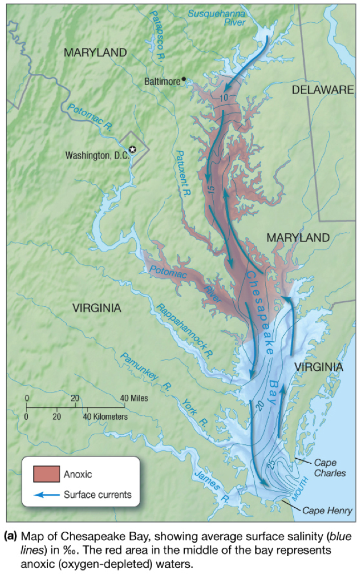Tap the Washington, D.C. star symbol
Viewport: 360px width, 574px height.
(132, 149)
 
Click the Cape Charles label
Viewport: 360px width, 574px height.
(329, 468)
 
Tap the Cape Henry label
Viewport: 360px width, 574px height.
(327, 510)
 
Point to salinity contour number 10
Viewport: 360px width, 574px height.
(224, 99)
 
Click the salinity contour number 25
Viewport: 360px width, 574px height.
(271, 462)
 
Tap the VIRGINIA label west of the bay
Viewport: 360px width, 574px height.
(96, 307)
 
